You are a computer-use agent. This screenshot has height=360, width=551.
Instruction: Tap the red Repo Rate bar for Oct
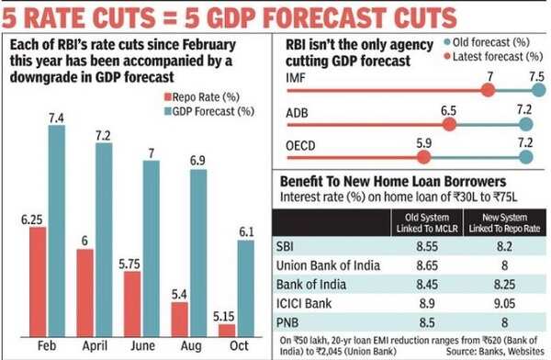[227, 328]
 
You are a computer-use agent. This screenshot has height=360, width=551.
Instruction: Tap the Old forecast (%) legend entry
[494, 41]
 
